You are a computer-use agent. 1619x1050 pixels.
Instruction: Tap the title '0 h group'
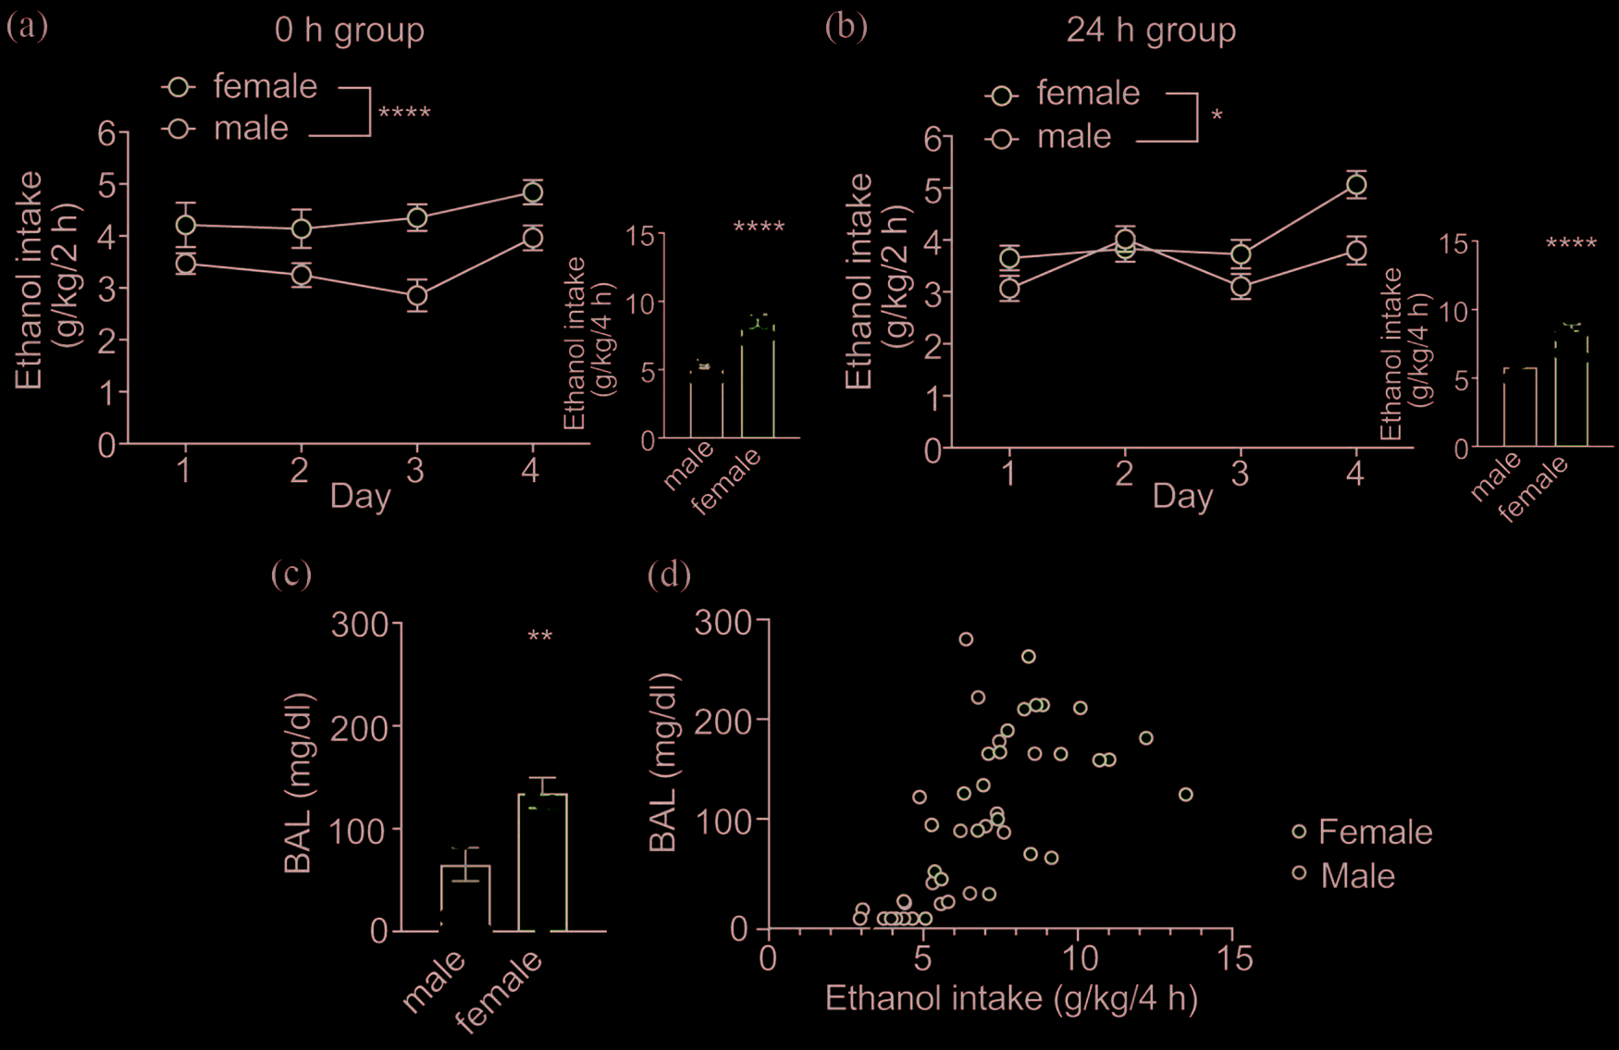(350, 31)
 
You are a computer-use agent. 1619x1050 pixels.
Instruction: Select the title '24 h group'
(1151, 31)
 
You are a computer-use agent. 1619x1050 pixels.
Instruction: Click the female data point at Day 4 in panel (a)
(532, 192)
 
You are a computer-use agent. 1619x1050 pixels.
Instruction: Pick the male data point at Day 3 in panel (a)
(417, 296)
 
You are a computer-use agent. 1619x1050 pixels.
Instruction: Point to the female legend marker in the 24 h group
(1002, 95)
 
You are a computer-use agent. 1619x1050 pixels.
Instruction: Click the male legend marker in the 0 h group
(179, 129)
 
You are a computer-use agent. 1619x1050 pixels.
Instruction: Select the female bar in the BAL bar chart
(542, 861)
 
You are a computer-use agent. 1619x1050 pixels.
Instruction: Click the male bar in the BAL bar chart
(465, 896)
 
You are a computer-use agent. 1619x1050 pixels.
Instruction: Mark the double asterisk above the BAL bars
(540, 636)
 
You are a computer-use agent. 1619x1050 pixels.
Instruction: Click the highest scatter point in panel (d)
(966, 639)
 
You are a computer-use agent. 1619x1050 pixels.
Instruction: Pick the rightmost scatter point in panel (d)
(1186, 795)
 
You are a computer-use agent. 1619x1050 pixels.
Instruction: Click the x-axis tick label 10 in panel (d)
(1079, 958)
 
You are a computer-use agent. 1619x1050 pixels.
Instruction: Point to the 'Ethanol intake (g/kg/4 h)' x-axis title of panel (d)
(1011, 999)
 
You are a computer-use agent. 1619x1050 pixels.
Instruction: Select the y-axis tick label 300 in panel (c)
(360, 624)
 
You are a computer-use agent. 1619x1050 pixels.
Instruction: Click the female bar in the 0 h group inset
(758, 380)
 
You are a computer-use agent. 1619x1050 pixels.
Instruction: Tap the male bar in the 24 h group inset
(1520, 407)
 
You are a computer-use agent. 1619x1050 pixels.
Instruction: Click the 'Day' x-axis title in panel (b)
(1182, 497)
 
